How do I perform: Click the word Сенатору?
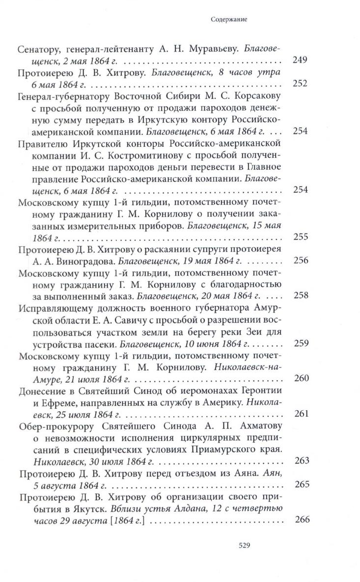[x=39, y=49]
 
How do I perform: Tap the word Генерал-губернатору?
[x=62, y=96]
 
